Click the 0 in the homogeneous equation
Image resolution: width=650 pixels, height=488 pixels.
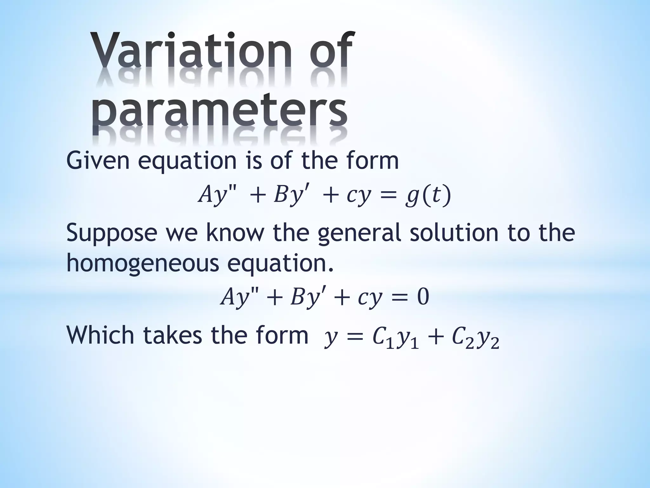[x=422, y=297]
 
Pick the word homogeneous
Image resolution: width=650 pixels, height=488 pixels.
[x=143, y=264]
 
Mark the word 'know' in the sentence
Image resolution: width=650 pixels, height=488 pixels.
[x=235, y=233]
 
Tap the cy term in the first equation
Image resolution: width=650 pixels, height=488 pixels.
[x=359, y=196]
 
